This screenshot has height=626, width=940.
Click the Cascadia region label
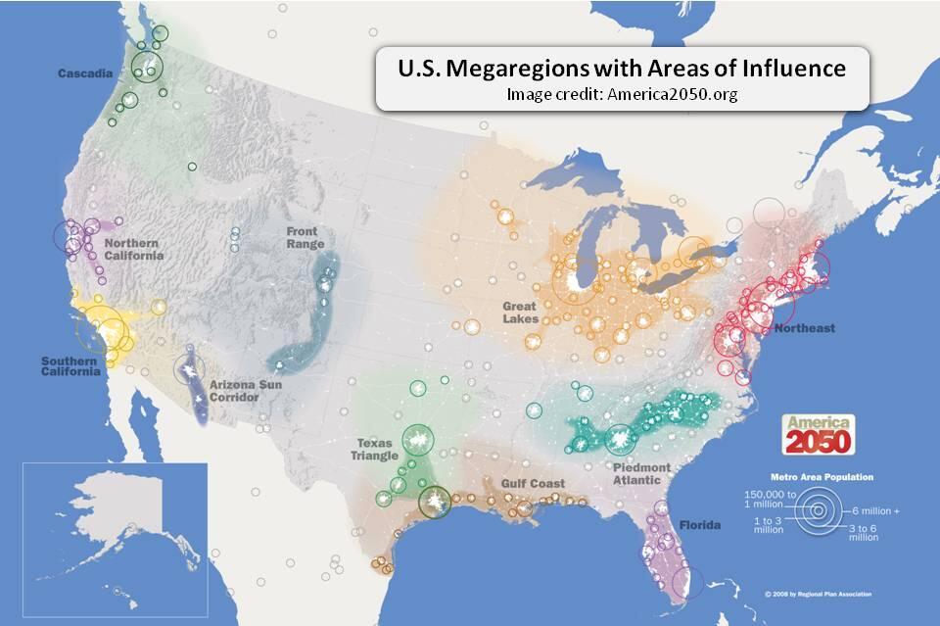click(82, 73)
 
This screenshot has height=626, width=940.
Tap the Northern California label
click(133, 249)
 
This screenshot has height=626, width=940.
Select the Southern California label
click(70, 365)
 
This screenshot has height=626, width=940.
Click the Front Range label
click(303, 237)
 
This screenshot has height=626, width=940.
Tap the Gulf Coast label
click(533, 484)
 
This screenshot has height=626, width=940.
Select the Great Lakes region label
click(520, 313)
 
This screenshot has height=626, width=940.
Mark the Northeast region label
click(804, 328)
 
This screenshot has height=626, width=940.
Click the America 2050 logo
click(818, 434)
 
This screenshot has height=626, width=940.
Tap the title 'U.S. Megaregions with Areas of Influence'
click(622, 70)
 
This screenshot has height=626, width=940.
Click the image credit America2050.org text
click(622, 95)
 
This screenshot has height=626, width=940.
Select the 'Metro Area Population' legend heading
click(822, 477)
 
